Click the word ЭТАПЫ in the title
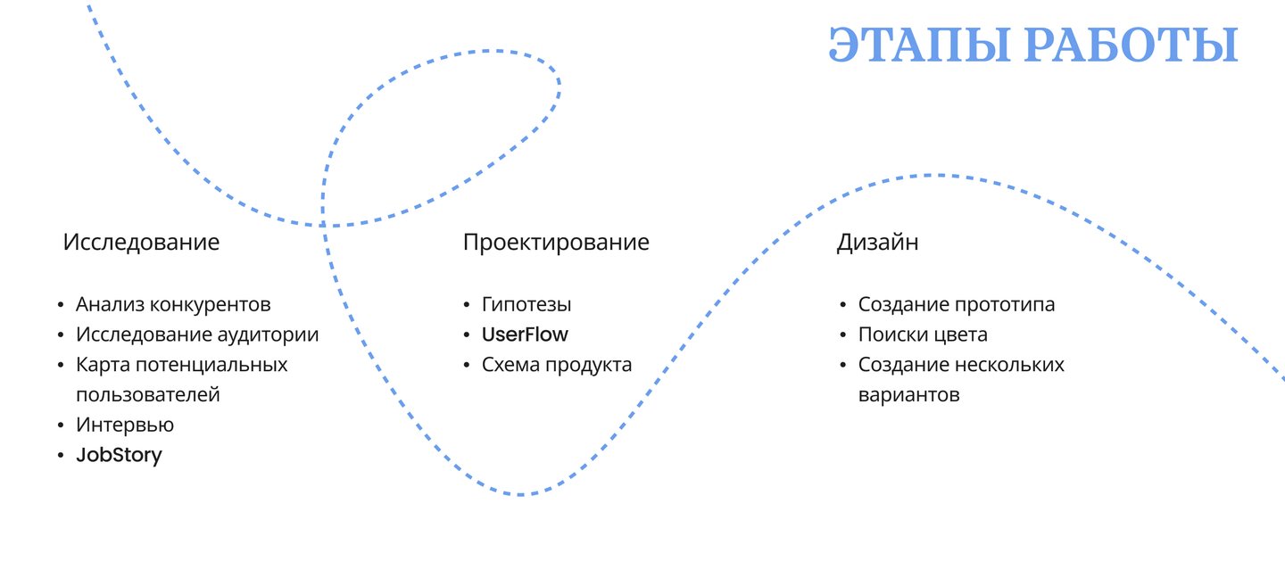919,45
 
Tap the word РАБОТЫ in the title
1132,45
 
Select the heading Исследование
141,242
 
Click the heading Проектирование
556,243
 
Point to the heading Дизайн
877,243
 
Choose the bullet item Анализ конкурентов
173,304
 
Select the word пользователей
148,395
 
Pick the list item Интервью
125,425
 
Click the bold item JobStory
120,455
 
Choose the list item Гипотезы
526,304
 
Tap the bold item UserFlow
525,334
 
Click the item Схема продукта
557,366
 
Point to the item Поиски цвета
923,334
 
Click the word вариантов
909,396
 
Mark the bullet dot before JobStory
61,456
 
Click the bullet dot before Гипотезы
467,305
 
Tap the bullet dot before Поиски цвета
843,334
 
